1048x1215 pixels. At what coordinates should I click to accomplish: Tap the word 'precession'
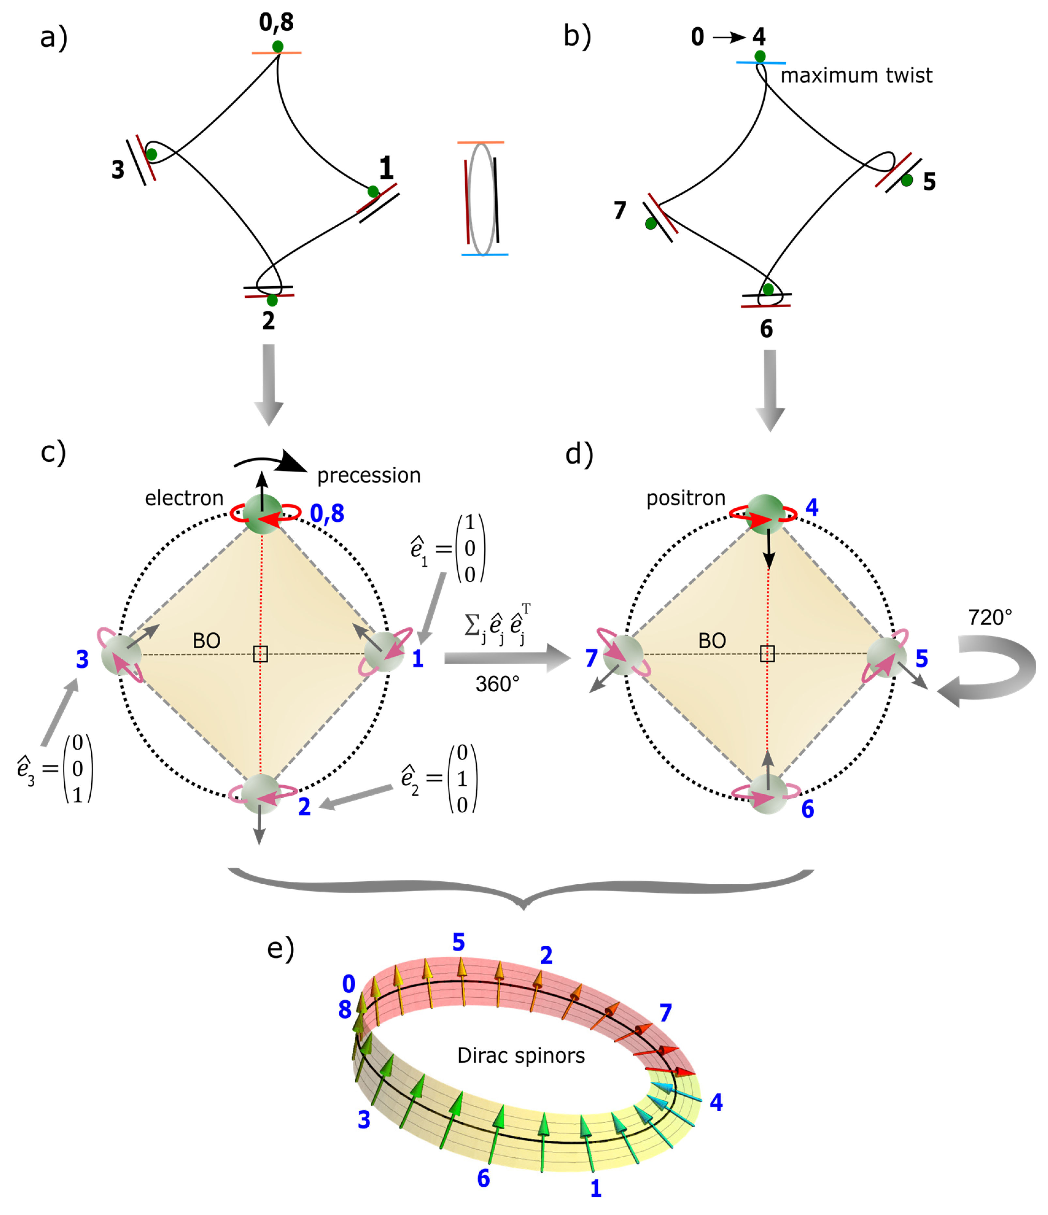(x=369, y=475)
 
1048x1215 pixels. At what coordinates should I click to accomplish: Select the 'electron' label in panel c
(x=184, y=499)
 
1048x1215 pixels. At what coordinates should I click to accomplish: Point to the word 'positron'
(x=686, y=499)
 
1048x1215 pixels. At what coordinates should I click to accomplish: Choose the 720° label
(x=990, y=618)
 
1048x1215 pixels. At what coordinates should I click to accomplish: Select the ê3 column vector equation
(x=56, y=768)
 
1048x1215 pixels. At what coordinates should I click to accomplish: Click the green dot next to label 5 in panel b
(x=907, y=181)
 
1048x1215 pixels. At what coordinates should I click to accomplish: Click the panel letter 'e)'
(x=281, y=949)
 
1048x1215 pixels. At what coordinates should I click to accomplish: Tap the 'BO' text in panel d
(x=712, y=641)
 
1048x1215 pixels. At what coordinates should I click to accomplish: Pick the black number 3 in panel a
(x=118, y=170)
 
